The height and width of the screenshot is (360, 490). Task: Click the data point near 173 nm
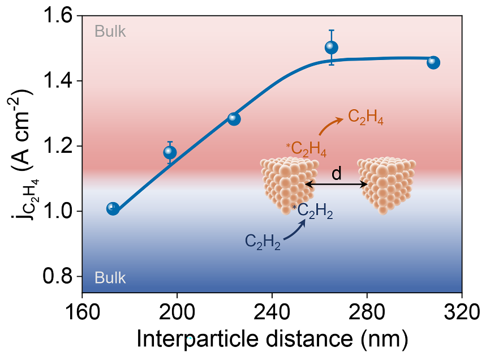click(113, 208)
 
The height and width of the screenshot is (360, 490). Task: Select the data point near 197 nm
click(170, 152)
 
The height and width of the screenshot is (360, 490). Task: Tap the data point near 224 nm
click(234, 119)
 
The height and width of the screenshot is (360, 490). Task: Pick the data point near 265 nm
click(332, 48)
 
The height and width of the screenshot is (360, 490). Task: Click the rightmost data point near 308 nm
click(433, 62)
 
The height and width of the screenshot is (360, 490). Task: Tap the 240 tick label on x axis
click(272, 311)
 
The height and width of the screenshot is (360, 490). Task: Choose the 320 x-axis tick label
click(462, 311)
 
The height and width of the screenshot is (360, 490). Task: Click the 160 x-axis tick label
click(83, 311)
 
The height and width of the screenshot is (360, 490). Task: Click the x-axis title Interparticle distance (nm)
click(272, 339)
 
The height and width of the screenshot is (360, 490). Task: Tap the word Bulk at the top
click(110, 31)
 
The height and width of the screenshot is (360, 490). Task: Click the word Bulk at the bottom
click(110, 278)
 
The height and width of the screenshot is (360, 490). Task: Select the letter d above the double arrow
click(337, 174)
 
